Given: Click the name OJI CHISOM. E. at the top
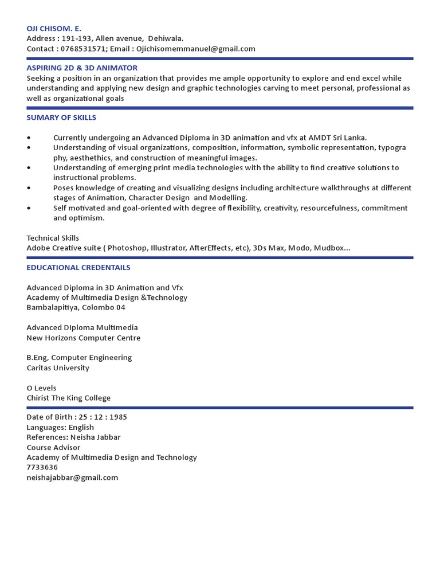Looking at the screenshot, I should point(54,28).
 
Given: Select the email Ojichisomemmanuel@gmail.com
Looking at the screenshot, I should point(196,49).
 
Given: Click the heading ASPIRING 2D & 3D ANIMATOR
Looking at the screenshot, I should point(82,68).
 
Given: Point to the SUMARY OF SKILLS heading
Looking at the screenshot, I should point(61,118).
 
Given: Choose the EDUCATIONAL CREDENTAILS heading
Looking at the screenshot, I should point(78,268).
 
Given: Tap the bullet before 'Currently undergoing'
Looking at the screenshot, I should point(29,138).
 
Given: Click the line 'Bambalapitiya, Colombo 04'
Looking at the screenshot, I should point(76,308).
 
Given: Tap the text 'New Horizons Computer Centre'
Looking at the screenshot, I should point(84,338).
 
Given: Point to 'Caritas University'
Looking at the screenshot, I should point(58,368).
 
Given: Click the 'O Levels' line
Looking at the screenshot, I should point(41,388).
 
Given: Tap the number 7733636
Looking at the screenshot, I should point(42,467).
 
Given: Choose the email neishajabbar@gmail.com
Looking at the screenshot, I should point(72,478).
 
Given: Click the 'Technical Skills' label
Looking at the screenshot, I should point(53,238).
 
